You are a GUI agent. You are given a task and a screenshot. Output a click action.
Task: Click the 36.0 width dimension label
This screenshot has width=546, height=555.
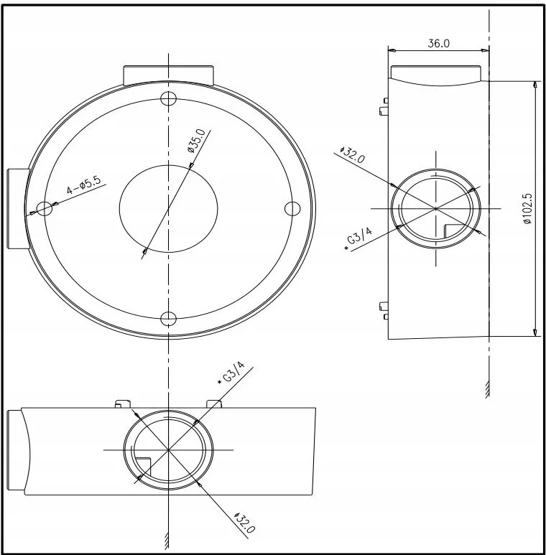click(438, 43)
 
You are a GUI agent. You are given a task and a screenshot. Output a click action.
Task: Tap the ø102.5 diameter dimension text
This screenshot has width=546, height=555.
click(527, 208)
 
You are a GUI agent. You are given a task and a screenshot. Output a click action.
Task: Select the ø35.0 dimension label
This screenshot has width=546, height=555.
click(196, 141)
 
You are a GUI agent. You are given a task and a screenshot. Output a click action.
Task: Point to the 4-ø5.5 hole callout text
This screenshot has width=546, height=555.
click(84, 185)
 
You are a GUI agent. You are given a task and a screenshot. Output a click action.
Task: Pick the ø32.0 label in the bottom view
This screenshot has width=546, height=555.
click(244, 523)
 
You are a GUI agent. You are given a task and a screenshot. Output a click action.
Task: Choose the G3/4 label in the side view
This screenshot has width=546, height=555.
click(358, 238)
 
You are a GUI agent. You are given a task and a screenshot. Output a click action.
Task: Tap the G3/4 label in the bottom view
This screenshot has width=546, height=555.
click(231, 373)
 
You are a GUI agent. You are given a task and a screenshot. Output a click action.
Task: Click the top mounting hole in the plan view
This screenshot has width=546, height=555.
click(169, 98)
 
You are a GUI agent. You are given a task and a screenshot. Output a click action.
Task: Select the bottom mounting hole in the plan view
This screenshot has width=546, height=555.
click(169, 319)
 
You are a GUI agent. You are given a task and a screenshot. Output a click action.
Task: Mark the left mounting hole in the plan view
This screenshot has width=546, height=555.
click(45, 208)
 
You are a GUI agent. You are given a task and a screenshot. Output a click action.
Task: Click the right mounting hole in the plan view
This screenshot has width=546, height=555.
click(292, 208)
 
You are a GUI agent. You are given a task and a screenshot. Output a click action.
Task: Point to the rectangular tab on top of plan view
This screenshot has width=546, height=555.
click(169, 75)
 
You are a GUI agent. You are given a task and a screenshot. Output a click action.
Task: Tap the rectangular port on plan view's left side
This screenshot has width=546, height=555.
click(18, 209)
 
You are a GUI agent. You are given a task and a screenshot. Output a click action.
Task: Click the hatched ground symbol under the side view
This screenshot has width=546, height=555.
click(488, 390)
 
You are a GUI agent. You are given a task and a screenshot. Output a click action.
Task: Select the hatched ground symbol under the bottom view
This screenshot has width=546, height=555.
click(167, 540)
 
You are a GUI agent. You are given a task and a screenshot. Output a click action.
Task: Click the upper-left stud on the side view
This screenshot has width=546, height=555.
click(384, 106)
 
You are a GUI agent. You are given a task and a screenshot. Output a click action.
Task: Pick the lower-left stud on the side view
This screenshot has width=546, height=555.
click(384, 310)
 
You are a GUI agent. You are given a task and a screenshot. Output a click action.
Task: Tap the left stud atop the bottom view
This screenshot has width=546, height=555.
click(123, 404)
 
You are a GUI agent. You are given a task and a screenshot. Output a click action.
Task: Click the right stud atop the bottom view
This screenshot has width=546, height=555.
click(214, 404)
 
